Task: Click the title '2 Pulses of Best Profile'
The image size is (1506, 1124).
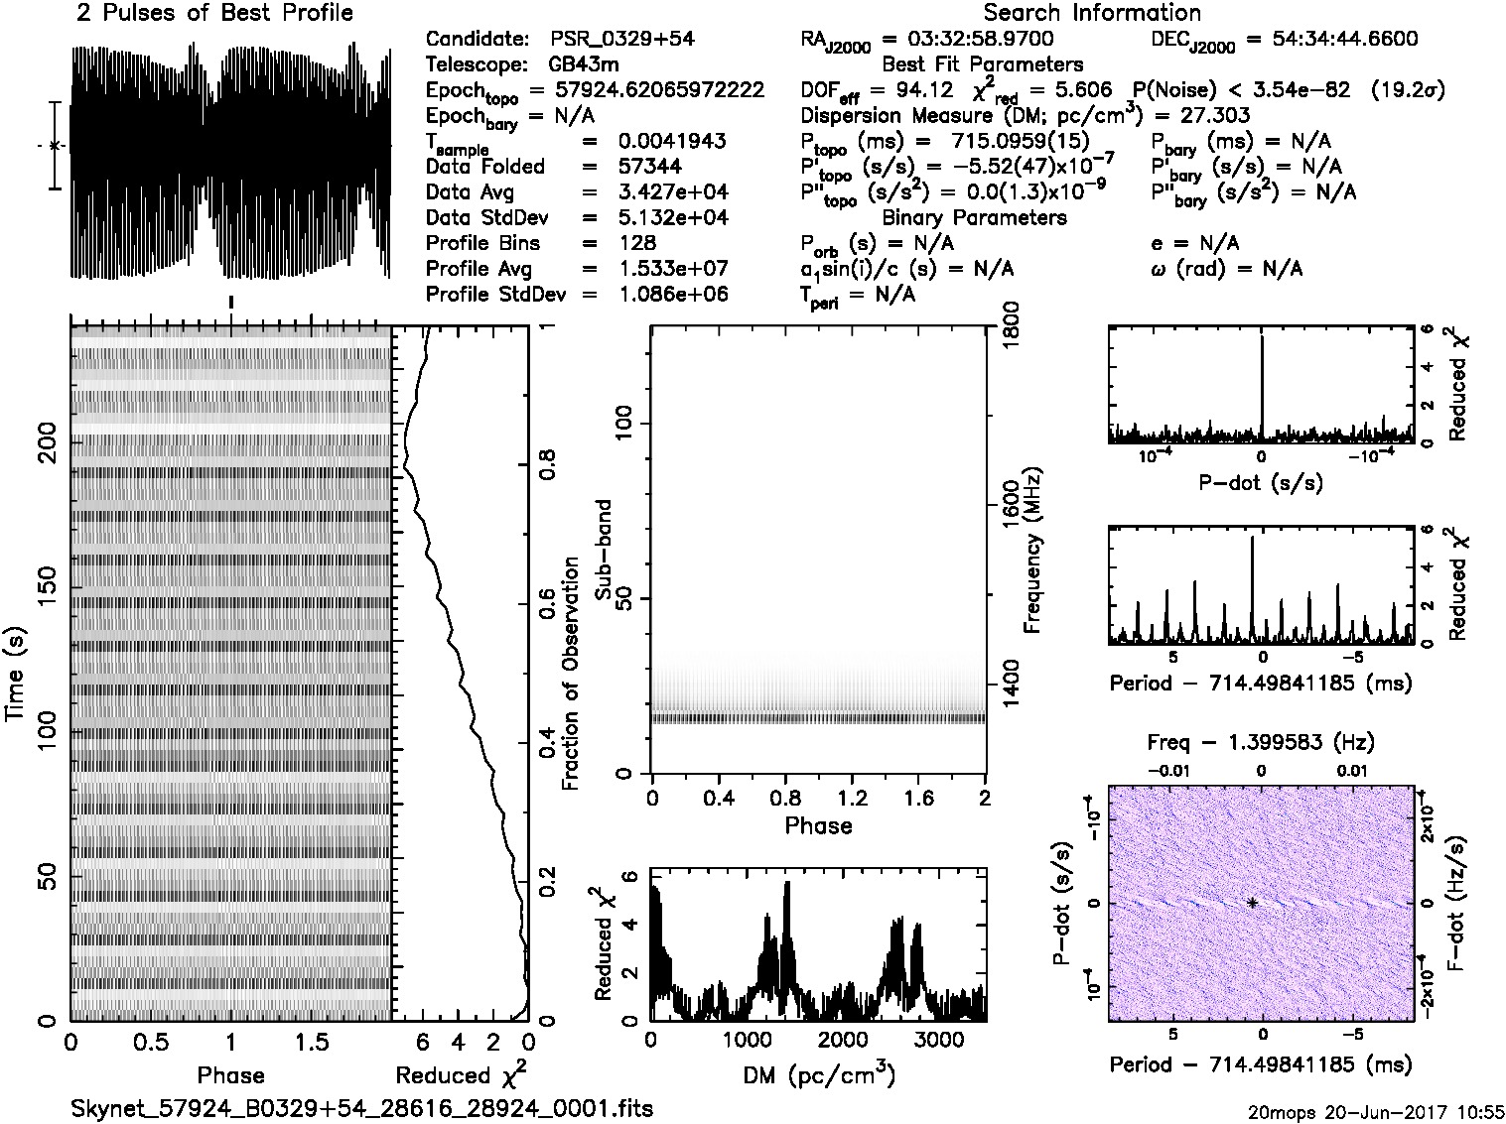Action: click(x=214, y=14)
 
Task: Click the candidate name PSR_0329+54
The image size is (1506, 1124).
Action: click(x=621, y=40)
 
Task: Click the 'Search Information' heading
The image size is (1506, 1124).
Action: click(x=1092, y=14)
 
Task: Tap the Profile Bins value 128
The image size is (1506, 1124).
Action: click(x=636, y=244)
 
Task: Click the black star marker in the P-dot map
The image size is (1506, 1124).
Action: click(x=1253, y=903)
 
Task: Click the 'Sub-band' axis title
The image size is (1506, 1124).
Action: click(x=603, y=550)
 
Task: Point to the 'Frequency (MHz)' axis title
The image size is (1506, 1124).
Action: click(x=1032, y=551)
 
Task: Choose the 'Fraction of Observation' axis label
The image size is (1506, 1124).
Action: click(x=571, y=675)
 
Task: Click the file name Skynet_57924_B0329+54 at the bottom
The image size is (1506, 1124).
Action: click(x=362, y=1108)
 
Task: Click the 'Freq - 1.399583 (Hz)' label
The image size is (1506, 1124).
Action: click(x=1261, y=742)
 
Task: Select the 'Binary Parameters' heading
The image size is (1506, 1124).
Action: click(x=974, y=218)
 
